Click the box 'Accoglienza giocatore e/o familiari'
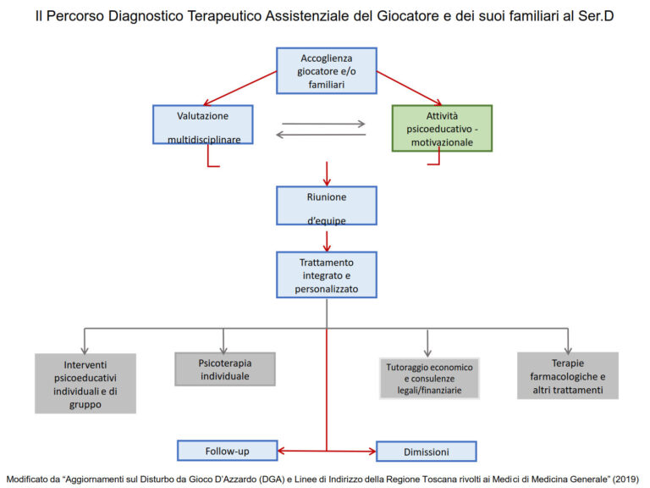tap(326, 70)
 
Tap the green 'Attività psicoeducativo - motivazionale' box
tap(442, 128)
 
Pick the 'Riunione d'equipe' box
tap(326, 205)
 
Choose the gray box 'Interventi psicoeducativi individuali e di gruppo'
tap(85, 383)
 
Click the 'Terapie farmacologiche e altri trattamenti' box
tap(567, 375)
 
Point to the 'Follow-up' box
tap(227, 450)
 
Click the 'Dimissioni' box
tap(426, 451)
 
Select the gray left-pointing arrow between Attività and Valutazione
tap(322, 134)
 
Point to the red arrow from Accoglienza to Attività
tap(408, 87)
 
